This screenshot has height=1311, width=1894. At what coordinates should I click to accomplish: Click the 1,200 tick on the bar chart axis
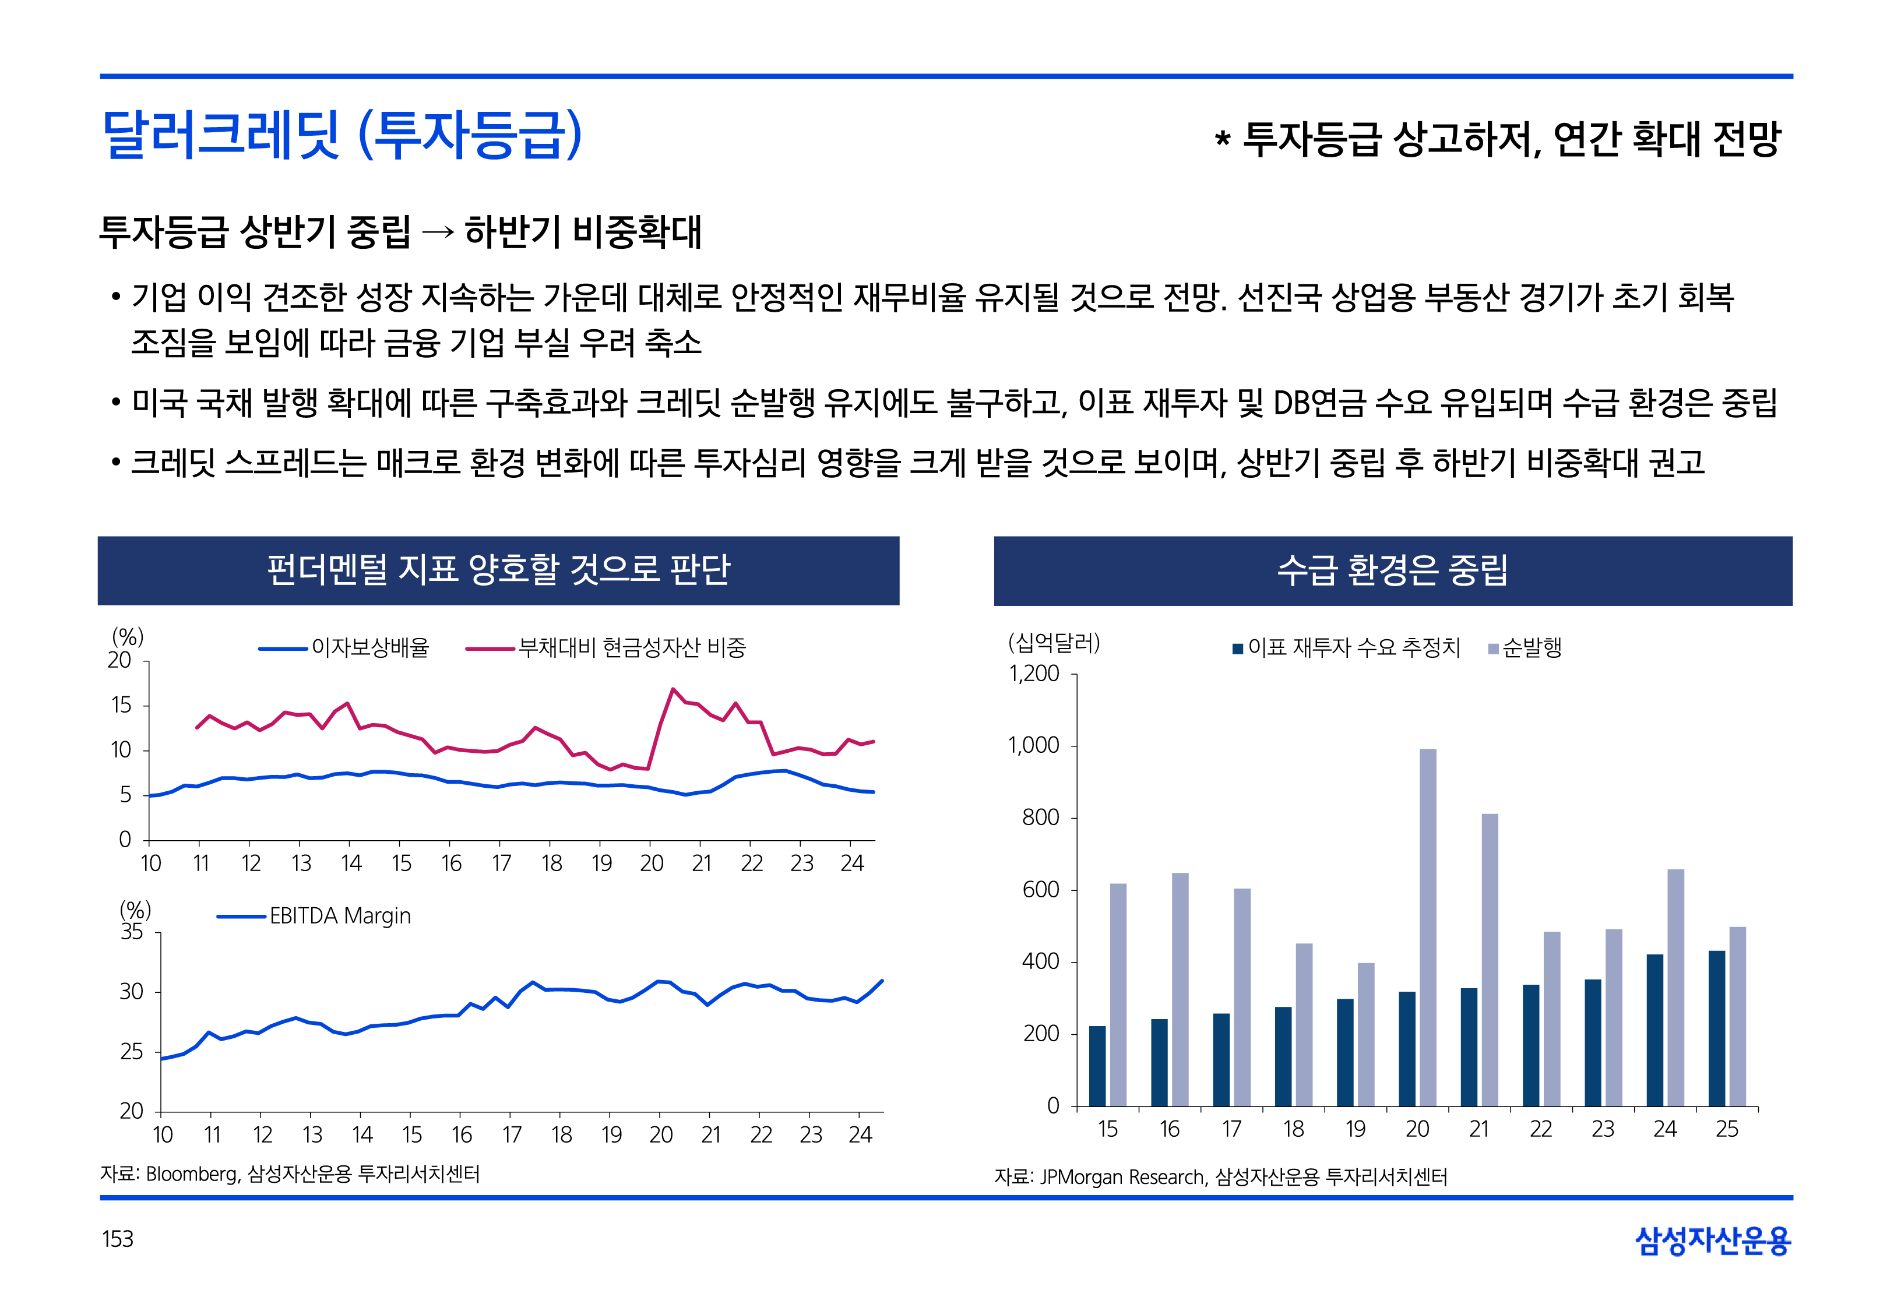1033,674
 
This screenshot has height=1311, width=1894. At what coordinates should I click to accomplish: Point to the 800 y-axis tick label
1040,817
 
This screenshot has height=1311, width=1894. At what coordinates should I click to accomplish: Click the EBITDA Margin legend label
339,916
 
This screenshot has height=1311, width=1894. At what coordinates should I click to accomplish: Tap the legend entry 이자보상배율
369,648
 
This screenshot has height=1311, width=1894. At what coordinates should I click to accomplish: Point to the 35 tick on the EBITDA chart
131,932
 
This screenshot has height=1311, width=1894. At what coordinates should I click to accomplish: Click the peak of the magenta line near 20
673,689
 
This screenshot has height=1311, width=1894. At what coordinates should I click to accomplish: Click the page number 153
118,1239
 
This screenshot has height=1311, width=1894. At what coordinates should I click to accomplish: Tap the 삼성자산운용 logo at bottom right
1713,1240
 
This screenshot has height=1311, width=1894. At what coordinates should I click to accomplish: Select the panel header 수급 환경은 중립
1392,570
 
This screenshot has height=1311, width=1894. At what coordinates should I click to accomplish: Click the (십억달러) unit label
1054,642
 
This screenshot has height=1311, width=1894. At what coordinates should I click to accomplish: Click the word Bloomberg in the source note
191,1175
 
